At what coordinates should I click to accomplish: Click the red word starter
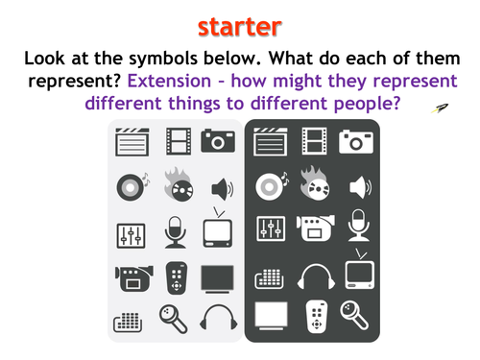tap(240, 27)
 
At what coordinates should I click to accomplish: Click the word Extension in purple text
tap(169, 81)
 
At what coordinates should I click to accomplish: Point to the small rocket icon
tap(440, 108)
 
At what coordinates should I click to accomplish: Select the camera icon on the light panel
tap(218, 140)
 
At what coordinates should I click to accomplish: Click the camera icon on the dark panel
tap(356, 141)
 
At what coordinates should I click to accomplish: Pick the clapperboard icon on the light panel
tap(132, 142)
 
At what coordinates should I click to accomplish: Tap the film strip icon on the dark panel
tap(315, 141)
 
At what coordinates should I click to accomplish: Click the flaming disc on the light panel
tap(179, 184)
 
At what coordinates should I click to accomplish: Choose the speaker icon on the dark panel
tap(361, 187)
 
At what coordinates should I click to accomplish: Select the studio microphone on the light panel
tap(175, 232)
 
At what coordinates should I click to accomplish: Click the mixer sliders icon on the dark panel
tap(271, 228)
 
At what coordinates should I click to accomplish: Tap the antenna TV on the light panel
tap(218, 228)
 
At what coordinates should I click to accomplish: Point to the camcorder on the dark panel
tap(316, 228)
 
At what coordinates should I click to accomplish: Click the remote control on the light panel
tap(177, 278)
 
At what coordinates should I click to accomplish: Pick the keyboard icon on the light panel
tap(128, 323)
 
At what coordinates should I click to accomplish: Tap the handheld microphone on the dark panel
tap(354, 315)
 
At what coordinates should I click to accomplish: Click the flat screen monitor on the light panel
tap(217, 279)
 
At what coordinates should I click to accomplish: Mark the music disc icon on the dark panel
tap(272, 186)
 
